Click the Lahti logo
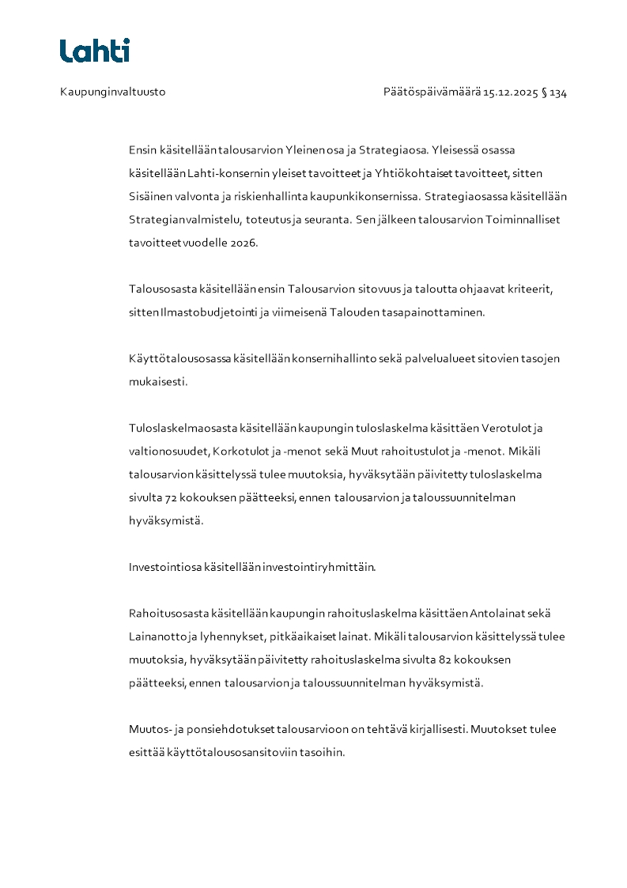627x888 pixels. [x=95, y=51]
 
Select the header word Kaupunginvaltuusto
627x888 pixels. [x=112, y=93]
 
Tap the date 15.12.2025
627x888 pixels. [x=510, y=93]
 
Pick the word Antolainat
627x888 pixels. [x=497, y=614]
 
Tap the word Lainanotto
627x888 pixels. [x=159, y=637]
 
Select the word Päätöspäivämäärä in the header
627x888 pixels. [x=432, y=93]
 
